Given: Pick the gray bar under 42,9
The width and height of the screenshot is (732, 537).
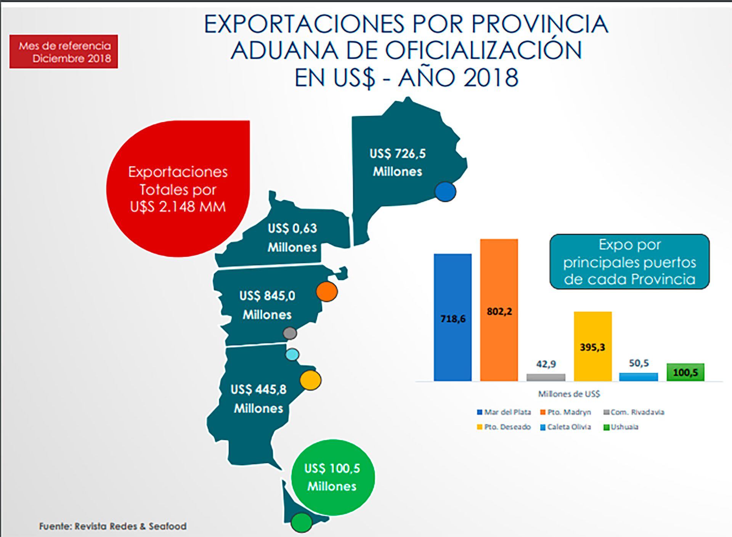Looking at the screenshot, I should click(x=546, y=377).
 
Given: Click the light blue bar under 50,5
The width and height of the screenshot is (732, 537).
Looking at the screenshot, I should click(x=639, y=377).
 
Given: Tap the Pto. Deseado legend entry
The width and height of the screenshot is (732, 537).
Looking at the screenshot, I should click(x=504, y=427).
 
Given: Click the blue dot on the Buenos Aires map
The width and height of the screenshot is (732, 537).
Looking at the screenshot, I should click(x=445, y=192).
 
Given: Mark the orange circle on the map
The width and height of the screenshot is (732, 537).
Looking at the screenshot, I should click(x=327, y=292).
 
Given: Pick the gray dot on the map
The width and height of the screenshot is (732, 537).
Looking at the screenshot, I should click(x=290, y=333).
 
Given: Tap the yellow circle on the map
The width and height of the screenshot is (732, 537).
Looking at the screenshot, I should click(x=310, y=380).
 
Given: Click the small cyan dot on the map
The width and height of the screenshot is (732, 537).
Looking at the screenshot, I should click(x=292, y=355).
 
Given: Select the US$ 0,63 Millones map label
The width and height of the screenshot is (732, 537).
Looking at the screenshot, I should click(x=292, y=237).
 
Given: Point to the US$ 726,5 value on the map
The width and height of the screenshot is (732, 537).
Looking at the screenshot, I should click(x=397, y=154).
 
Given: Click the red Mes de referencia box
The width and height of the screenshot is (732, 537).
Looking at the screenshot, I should click(x=64, y=52).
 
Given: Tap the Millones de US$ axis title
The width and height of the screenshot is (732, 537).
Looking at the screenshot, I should click(x=569, y=394).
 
